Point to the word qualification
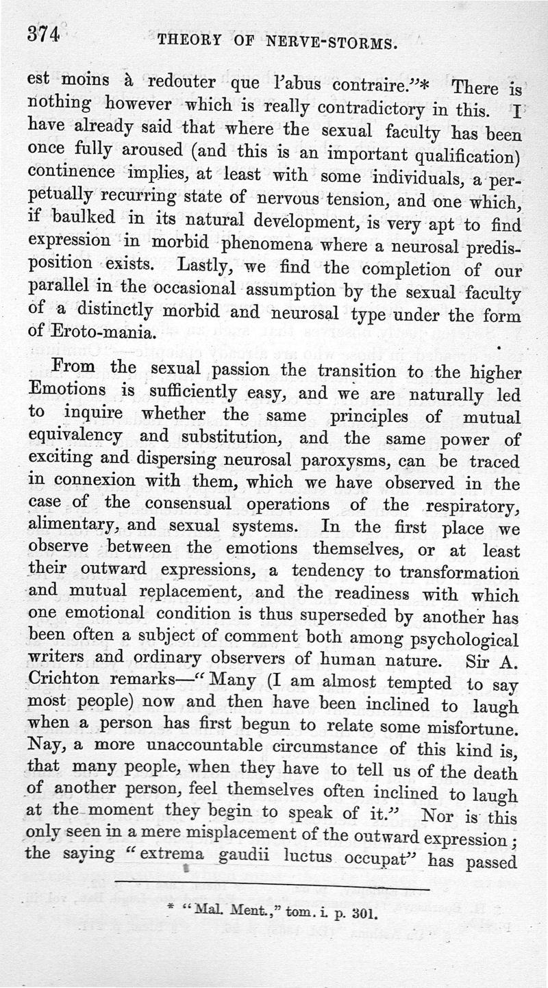(x=461, y=154)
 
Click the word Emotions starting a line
(x=68, y=391)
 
